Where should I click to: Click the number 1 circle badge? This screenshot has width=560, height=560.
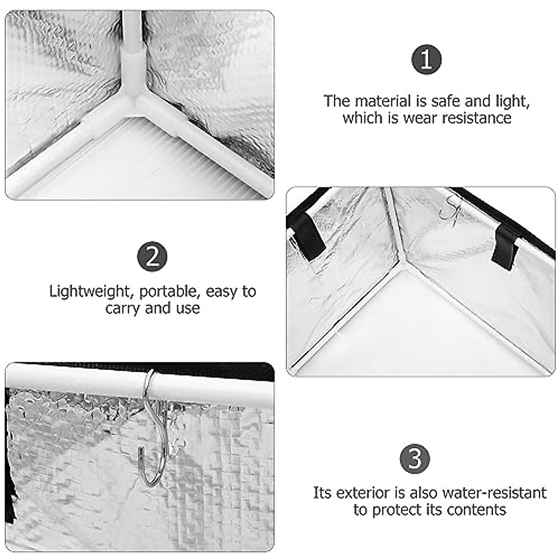coord(427,60)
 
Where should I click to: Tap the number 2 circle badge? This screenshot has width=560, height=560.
coord(152,256)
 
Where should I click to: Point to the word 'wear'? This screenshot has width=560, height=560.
coord(419,119)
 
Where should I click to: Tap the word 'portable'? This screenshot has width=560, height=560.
coord(170,292)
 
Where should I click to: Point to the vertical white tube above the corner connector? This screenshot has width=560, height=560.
coord(132,32)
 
